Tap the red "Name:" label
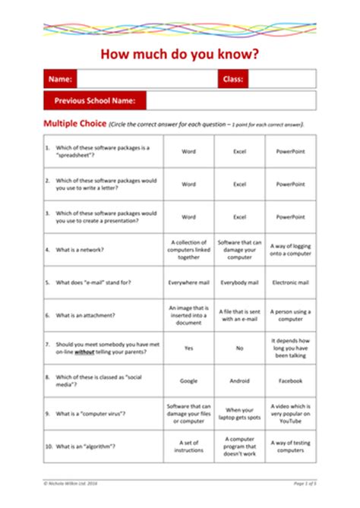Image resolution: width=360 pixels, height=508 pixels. pos(60,79)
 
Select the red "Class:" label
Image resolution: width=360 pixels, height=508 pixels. pos(232,79)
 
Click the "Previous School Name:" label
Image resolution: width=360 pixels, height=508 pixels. pos(95,100)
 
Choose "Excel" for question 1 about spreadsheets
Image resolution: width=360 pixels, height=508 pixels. pos(239,151)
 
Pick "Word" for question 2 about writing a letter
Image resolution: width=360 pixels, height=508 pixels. pos(188,184)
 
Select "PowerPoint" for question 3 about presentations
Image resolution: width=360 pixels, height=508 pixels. pos(290,216)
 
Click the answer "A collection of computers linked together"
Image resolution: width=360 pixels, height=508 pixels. pos(188,249)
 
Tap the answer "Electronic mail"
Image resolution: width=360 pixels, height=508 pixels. pos(290,282)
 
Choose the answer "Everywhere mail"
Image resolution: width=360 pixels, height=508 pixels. pos(188,282)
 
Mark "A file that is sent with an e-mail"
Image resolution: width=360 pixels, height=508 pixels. pos(239,314)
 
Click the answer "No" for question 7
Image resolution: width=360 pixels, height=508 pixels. pos(239,348)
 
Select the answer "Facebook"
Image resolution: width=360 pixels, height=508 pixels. pos(290,380)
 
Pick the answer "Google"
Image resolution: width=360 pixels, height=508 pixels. pos(188,380)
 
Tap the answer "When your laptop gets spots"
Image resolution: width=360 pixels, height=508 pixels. pos(239,413)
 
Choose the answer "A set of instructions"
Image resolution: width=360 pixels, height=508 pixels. pos(188,446)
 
